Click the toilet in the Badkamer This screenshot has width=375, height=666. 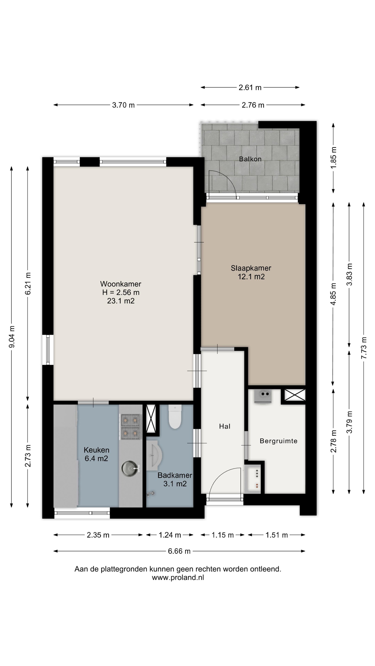(x=175, y=416)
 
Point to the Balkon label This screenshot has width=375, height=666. (x=250, y=159)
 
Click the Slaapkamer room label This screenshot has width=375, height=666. (x=251, y=268)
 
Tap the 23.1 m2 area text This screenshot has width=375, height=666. (x=121, y=301)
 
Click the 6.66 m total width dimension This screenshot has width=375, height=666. (x=179, y=551)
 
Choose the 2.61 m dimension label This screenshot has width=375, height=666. (x=250, y=88)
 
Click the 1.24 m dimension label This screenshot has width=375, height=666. (x=170, y=535)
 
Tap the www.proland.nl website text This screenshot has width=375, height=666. (x=178, y=578)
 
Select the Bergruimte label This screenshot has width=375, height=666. (x=278, y=441)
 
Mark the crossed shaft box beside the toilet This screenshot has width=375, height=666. (x=151, y=418)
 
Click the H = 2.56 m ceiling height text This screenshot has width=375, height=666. (x=121, y=292)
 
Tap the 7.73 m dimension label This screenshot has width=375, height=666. (x=364, y=348)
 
